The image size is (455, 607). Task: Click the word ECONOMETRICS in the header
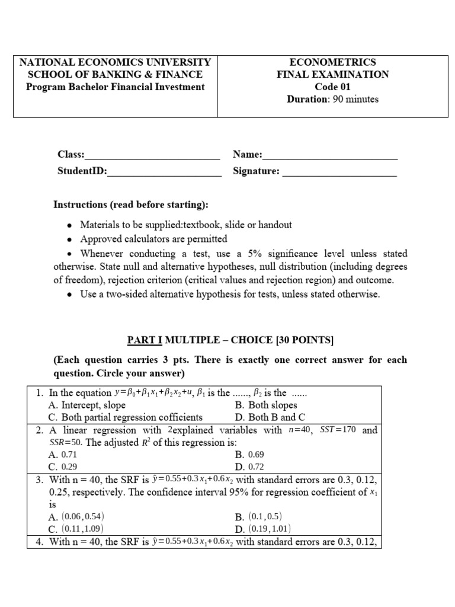332,62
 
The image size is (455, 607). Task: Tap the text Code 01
332,87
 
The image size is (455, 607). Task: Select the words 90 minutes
355,99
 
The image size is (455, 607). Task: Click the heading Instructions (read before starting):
131,205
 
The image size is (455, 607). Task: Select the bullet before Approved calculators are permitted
70,239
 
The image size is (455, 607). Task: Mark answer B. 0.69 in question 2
248,455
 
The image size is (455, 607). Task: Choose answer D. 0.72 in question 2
248,467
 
